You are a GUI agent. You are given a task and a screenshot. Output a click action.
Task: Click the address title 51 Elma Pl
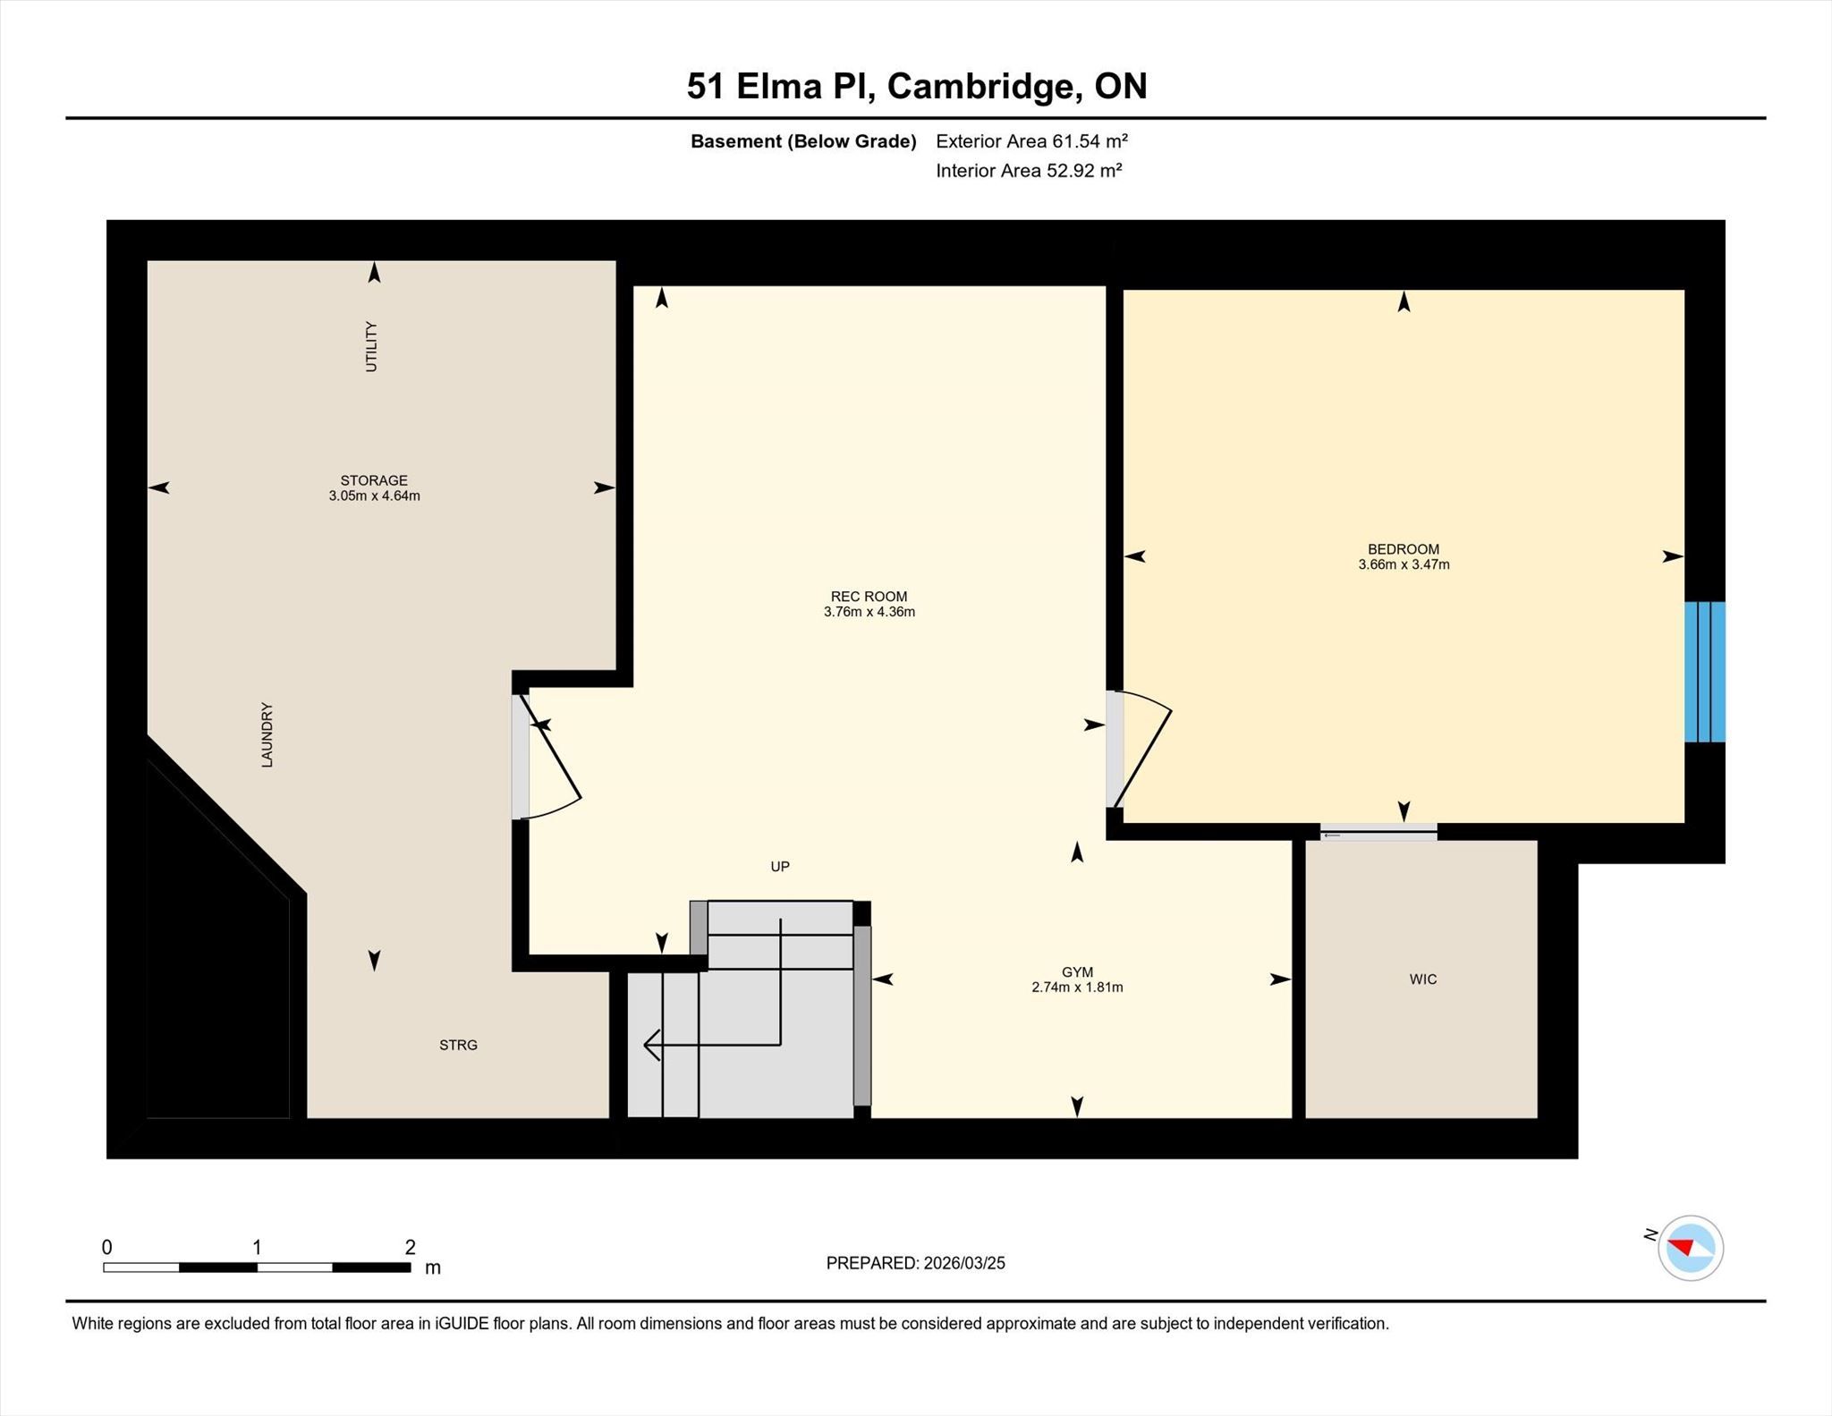tap(781, 86)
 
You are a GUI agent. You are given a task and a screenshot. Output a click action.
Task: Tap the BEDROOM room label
tap(1403, 549)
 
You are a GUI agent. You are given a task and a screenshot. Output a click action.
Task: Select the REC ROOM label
tap(869, 597)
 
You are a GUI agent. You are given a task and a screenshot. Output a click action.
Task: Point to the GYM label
tap(1077, 972)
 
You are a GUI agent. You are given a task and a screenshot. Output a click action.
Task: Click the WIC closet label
tap(1422, 979)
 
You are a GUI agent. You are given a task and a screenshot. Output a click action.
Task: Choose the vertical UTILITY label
tap(371, 347)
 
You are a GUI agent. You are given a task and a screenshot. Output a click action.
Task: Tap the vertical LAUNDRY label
tap(267, 735)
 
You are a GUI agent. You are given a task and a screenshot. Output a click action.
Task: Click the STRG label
tap(458, 1045)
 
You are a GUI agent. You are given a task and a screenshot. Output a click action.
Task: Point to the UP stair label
tap(780, 867)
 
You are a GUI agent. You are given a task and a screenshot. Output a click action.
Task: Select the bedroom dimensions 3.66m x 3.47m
tap(1404, 564)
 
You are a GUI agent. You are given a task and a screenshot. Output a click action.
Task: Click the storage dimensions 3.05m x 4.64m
tap(374, 496)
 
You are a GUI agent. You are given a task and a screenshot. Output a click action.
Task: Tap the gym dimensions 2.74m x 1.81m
tap(1077, 988)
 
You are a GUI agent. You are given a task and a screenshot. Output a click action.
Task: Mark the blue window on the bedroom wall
tap(1704, 672)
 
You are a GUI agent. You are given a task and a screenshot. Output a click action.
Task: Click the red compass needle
tap(1681, 1246)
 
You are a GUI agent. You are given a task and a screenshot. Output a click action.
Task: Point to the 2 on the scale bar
tap(411, 1247)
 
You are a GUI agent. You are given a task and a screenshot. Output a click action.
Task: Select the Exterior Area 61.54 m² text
tap(1031, 141)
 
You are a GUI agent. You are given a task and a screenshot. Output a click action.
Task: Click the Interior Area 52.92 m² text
tap(1029, 171)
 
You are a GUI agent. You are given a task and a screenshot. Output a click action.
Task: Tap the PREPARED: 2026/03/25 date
tap(915, 1263)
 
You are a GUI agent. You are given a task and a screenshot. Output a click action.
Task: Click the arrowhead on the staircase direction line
tap(651, 1045)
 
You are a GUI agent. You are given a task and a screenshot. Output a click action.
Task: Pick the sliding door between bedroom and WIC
tap(1378, 832)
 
